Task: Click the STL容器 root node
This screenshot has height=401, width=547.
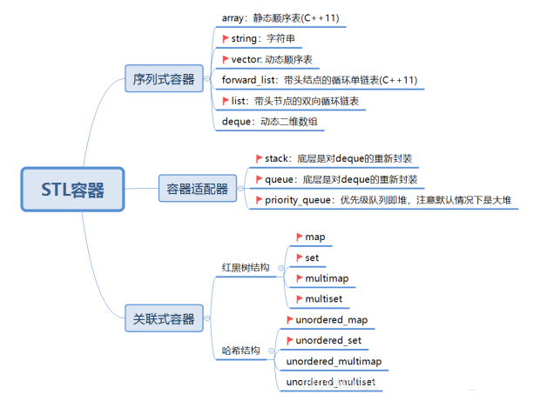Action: click(72, 189)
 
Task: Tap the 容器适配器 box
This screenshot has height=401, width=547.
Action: click(197, 187)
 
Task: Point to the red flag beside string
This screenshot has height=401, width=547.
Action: click(226, 37)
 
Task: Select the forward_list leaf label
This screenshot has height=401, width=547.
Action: click(319, 80)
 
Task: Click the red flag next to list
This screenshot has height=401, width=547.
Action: click(226, 101)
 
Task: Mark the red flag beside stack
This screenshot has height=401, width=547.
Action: click(259, 158)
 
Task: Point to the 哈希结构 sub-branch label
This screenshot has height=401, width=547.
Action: click(241, 351)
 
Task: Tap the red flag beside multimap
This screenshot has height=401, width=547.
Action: click(299, 277)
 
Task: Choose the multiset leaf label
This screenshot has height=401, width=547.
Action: click(324, 298)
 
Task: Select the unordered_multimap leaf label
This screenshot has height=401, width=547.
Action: click(334, 361)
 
